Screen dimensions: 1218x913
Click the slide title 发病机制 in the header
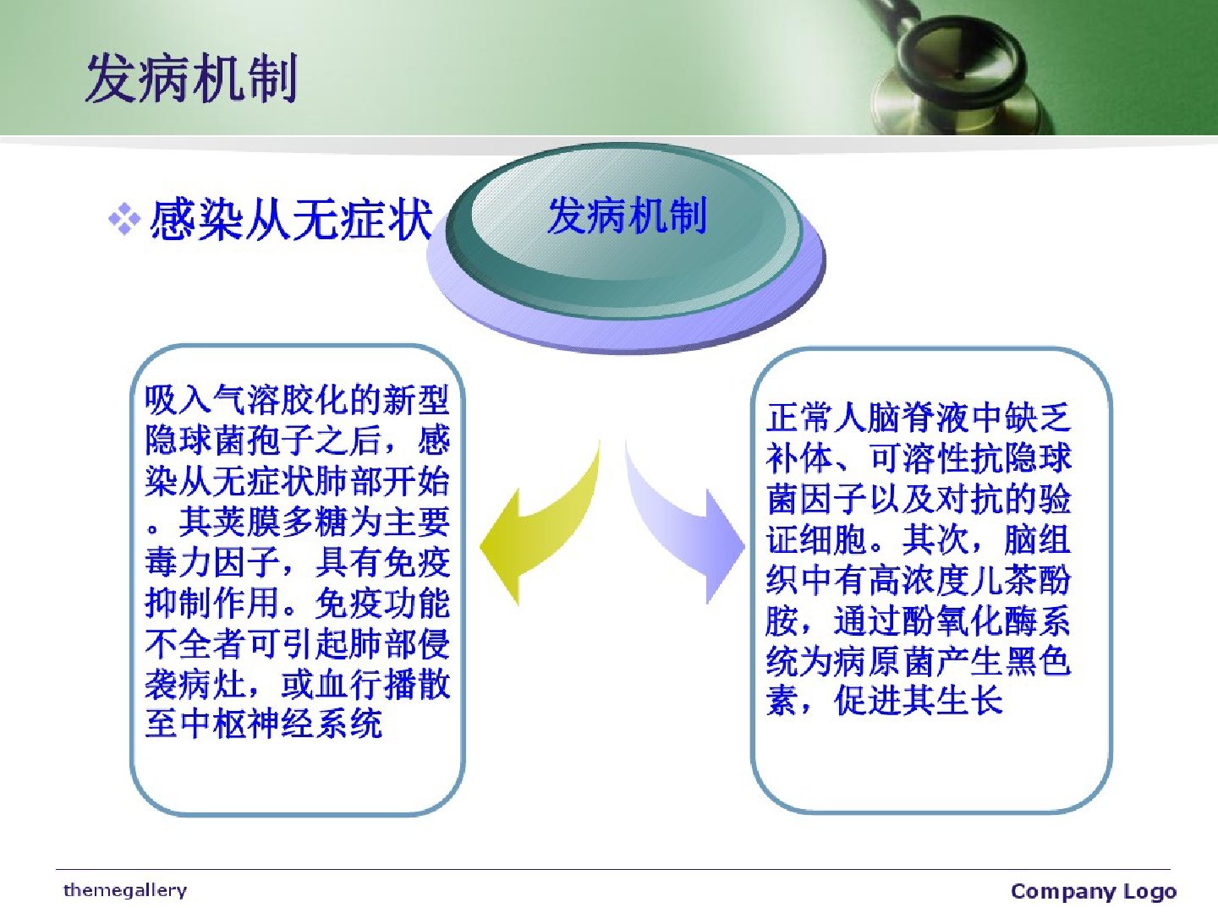pyautogui.click(x=192, y=78)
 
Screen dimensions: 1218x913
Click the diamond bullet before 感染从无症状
pyautogui.click(x=123, y=220)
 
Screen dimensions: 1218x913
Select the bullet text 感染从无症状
pyautogui.click(x=291, y=220)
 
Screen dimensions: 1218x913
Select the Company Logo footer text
pyautogui.click(x=1093, y=891)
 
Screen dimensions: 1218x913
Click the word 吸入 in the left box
pyautogui.click(x=178, y=400)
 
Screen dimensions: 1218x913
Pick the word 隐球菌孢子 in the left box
pyautogui.click(x=230, y=440)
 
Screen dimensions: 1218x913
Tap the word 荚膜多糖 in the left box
pyautogui.click(x=281, y=522)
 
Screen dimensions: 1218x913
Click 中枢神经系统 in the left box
pyautogui.click(x=281, y=724)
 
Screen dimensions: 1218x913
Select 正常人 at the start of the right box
pyautogui.click(x=816, y=418)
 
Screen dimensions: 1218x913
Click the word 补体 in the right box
pyautogui.click(x=799, y=458)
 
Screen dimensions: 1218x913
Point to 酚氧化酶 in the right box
pyautogui.click(x=968, y=621)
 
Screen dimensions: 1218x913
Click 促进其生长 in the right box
pyautogui.click(x=919, y=702)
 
